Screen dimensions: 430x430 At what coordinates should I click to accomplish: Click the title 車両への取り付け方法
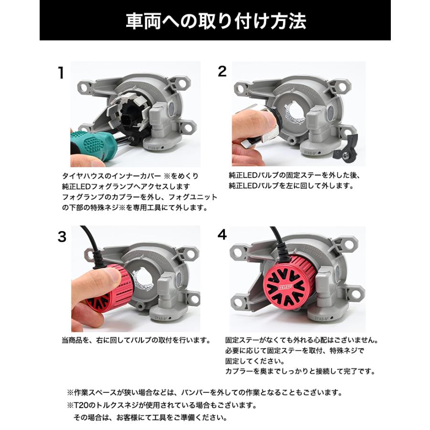[215, 21]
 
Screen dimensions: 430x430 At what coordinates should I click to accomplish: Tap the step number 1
[60, 73]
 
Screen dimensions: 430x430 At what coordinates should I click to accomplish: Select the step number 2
[222, 72]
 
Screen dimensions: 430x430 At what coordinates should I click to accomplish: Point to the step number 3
[62, 236]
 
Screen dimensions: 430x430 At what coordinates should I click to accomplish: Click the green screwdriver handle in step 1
[90, 144]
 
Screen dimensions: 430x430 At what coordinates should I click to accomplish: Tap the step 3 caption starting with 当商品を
[136, 341]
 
